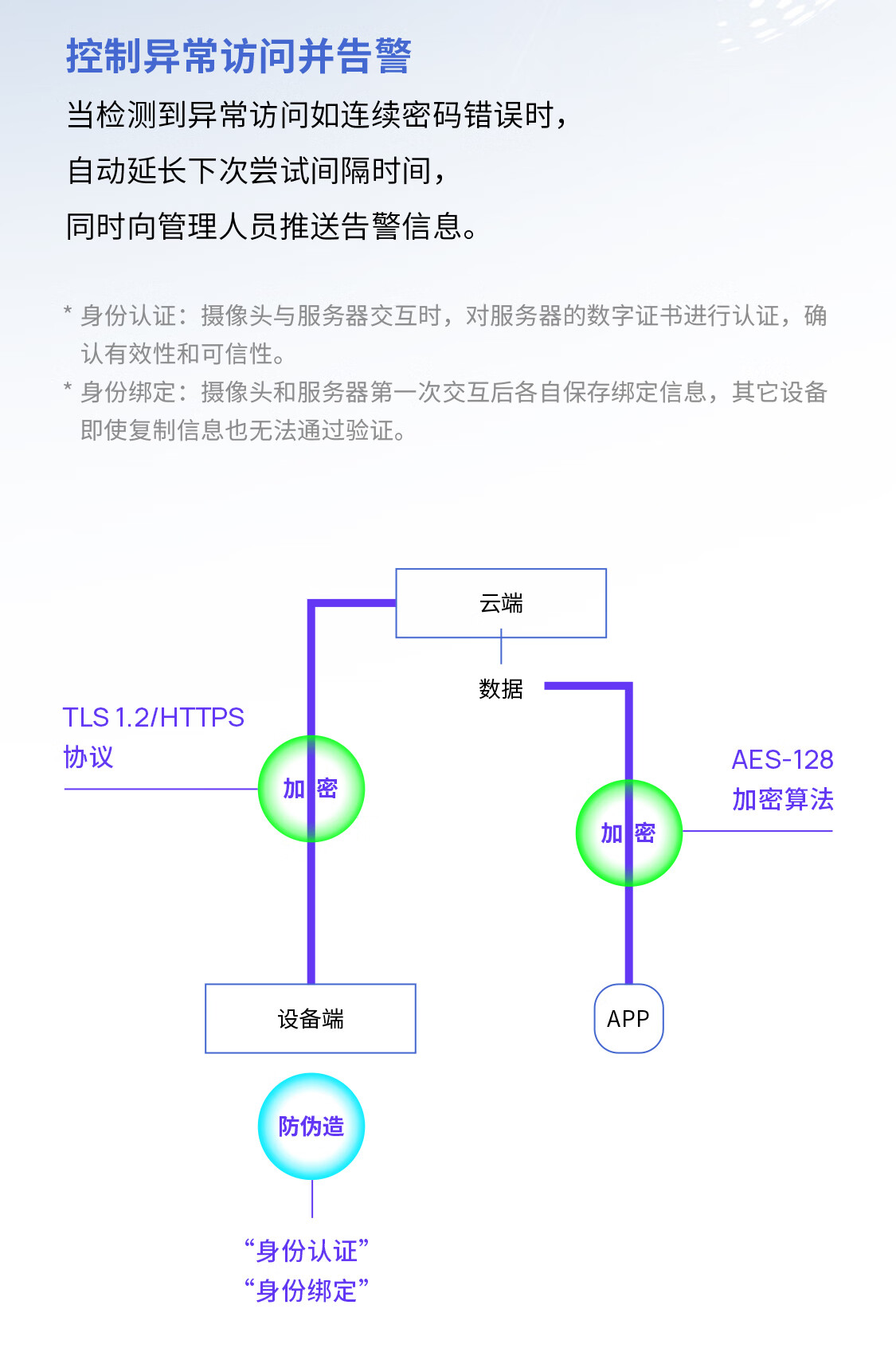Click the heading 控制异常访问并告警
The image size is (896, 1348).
pyautogui.click(x=238, y=57)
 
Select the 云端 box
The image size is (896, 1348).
pyautogui.click(x=501, y=603)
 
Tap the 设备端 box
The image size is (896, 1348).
pyautogui.click(x=311, y=1018)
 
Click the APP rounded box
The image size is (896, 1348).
pyautogui.click(x=628, y=1018)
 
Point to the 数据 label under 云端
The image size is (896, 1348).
pyautogui.click(x=501, y=689)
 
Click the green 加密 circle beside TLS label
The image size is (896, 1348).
pyautogui.click(x=311, y=789)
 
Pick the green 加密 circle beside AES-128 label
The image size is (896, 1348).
pyautogui.click(x=628, y=833)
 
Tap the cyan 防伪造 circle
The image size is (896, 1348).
pyautogui.click(x=311, y=1126)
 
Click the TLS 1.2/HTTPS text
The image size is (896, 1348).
pyautogui.click(x=154, y=717)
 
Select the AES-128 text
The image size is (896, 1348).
pyautogui.click(x=782, y=759)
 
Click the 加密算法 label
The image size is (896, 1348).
pyautogui.click(x=782, y=799)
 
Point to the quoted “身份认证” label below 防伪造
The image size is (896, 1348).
pyautogui.click(x=307, y=1251)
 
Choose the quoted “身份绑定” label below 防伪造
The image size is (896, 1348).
pyautogui.click(x=307, y=1290)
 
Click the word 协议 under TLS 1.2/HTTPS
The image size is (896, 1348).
pyautogui.click(x=88, y=757)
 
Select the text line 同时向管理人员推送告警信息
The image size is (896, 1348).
pyautogui.click(x=271, y=226)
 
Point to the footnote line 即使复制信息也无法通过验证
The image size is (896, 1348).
pyautogui.click(x=243, y=430)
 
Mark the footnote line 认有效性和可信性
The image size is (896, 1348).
pyautogui.click(x=182, y=354)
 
